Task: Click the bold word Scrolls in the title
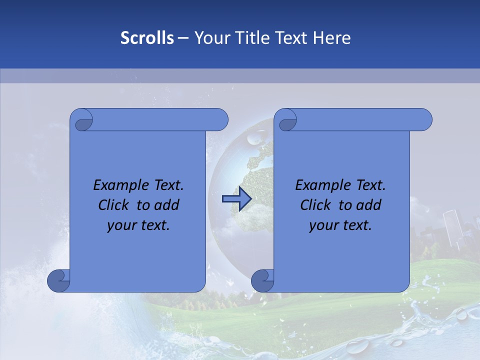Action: click(x=147, y=38)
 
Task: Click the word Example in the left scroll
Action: click(x=118, y=185)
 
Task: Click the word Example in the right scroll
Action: click(x=320, y=185)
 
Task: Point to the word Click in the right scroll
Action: click(x=315, y=205)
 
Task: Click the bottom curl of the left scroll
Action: click(x=59, y=280)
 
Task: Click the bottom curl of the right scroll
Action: click(x=263, y=280)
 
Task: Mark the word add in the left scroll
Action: click(x=167, y=205)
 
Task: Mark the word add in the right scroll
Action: click(x=369, y=205)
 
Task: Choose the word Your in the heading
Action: click(x=210, y=38)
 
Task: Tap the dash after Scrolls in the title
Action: click(x=183, y=38)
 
